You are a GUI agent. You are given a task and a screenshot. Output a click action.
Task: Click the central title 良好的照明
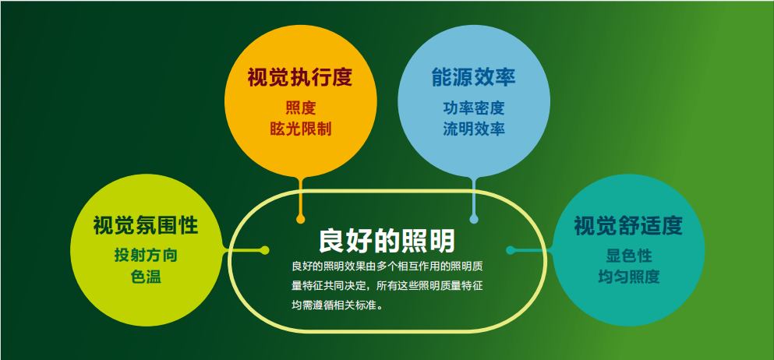tap(387, 241)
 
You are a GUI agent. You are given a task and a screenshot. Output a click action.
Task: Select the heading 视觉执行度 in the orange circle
tap(300, 78)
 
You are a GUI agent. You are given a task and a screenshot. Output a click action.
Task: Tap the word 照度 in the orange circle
tap(301, 108)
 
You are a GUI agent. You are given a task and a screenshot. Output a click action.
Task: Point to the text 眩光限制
tap(301, 129)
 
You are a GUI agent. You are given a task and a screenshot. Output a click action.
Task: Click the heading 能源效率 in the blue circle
tap(473, 78)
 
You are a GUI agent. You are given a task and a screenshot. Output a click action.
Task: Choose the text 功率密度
tap(473, 108)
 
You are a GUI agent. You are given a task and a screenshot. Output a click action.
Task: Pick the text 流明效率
tap(473, 129)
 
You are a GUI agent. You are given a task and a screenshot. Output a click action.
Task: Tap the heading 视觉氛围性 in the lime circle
tap(146, 226)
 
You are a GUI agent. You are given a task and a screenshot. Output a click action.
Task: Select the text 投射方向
tap(146, 256)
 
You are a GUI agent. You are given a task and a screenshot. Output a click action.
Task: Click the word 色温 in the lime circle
tap(146, 277)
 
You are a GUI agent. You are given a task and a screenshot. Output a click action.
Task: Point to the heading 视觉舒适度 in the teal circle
tap(628, 226)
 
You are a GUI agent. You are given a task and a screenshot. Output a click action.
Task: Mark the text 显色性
tap(629, 256)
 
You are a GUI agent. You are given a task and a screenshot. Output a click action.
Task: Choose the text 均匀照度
tap(629, 277)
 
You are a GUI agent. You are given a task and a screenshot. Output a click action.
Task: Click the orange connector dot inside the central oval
tap(300, 219)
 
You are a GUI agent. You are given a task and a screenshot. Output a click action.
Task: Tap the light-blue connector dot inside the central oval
tap(474, 219)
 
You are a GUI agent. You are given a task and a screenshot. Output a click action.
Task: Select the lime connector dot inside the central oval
tap(264, 250)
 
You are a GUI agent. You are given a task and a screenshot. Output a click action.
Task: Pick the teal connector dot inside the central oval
tap(511, 250)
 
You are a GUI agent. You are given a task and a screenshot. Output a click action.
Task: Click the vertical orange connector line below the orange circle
tap(300, 197)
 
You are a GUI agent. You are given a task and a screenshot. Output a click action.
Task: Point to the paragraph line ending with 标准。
tap(338, 305)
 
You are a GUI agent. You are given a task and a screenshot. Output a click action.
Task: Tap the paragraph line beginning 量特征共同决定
tap(387, 285)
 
